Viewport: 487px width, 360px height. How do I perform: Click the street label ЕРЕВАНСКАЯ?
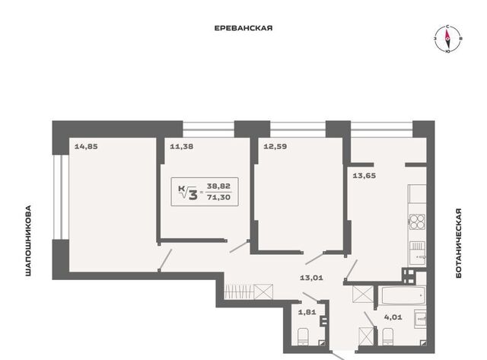[x=243, y=28]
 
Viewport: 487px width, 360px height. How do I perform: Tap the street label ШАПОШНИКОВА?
[x=28, y=241]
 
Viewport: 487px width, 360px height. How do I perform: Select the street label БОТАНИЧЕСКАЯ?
[x=459, y=244]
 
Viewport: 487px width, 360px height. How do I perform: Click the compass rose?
[x=447, y=39]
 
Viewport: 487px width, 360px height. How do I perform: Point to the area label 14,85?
[x=86, y=146]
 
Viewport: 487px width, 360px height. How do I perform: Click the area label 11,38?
[x=182, y=146]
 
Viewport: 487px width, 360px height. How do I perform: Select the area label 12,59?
[x=275, y=146]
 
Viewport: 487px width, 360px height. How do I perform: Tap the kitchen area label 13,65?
[x=364, y=176]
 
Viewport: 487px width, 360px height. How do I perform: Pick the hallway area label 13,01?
[x=311, y=278]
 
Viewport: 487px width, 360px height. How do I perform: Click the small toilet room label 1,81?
[x=307, y=312]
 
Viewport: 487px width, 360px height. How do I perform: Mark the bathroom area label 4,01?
[x=393, y=317]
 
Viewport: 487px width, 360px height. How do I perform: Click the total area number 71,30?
[x=219, y=197]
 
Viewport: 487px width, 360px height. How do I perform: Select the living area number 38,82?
[x=219, y=186]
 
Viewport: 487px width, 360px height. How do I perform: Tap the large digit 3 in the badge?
[x=193, y=195]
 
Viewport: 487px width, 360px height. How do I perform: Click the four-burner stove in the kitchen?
[x=417, y=221]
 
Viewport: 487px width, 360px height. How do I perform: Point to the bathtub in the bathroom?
[x=403, y=296]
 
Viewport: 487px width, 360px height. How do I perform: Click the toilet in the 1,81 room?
[x=303, y=337]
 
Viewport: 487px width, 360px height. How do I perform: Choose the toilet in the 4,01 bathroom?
[x=388, y=336]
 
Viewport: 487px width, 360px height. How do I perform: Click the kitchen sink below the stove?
[x=418, y=253]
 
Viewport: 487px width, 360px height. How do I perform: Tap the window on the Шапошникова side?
[x=61, y=197]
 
